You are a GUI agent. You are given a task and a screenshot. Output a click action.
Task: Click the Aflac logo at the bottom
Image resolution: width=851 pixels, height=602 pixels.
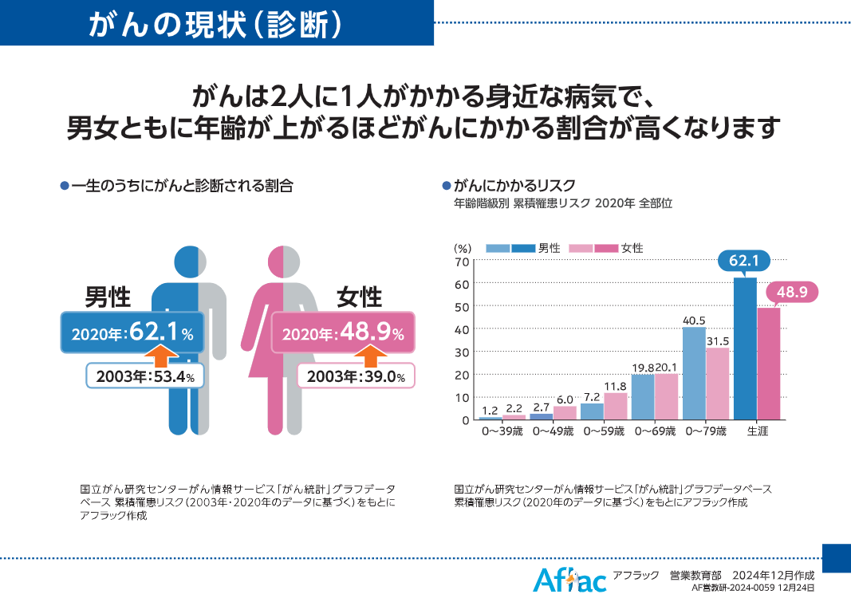tap(569, 580)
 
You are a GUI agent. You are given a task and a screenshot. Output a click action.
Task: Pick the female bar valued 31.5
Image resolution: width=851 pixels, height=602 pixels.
tap(718, 384)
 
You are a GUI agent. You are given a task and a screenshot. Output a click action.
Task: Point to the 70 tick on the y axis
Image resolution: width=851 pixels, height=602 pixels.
tap(462, 262)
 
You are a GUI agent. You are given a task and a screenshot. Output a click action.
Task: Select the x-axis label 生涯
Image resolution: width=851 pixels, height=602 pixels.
tap(757, 432)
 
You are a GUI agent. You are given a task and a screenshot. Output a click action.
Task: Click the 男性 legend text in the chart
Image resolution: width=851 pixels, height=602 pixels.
tap(550, 248)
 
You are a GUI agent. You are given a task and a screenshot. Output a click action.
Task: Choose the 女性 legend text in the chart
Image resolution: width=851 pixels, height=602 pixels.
tap(632, 248)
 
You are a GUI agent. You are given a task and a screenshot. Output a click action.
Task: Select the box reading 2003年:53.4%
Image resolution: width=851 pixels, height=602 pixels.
tap(146, 376)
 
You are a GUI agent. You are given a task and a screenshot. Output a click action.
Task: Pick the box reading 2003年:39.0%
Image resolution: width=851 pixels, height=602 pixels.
tap(357, 376)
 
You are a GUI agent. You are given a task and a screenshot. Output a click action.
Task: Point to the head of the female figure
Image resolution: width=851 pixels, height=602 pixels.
tap(283, 262)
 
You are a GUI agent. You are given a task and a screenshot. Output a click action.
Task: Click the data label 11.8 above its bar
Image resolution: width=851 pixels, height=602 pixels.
tap(616, 387)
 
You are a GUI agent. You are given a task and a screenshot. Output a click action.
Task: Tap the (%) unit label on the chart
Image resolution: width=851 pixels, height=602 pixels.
tap(463, 248)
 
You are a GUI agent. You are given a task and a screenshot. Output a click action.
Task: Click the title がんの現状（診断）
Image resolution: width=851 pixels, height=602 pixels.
tap(216, 24)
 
